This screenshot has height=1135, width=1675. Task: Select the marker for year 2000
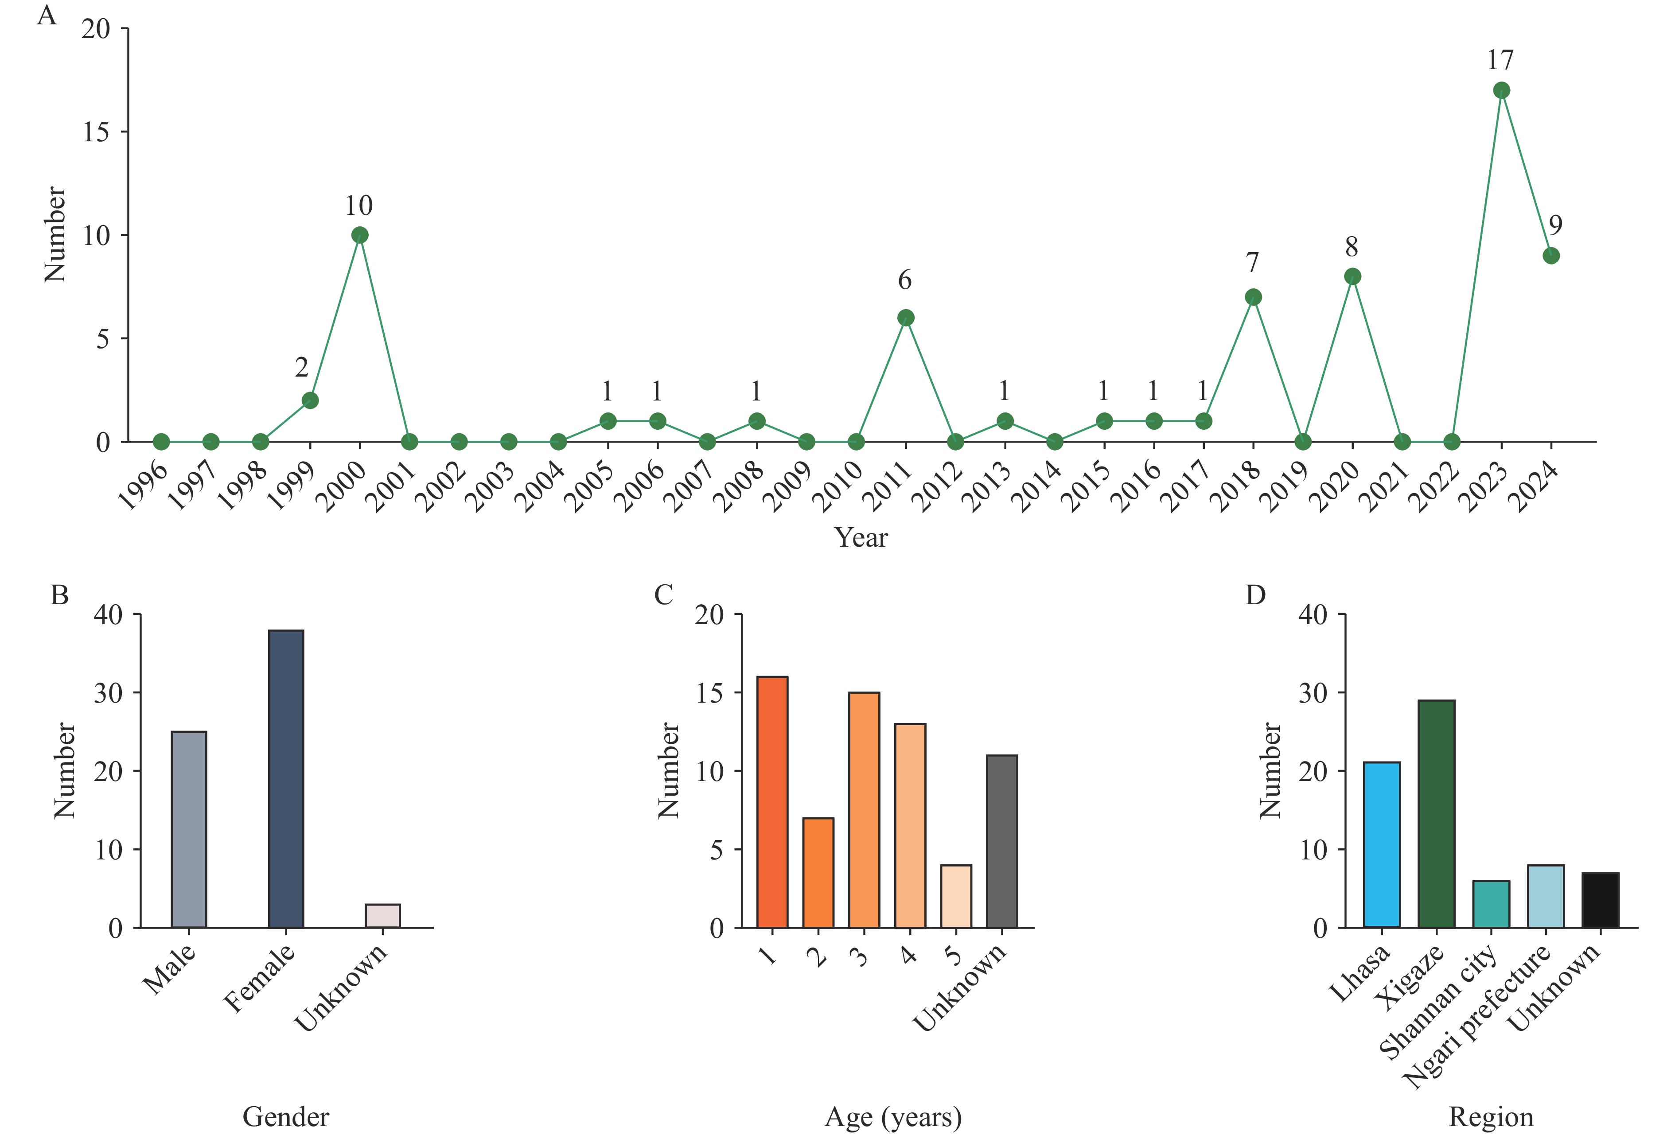coord(360,235)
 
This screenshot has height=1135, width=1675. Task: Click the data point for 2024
coord(1551,256)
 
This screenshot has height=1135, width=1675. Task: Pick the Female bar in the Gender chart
coord(286,778)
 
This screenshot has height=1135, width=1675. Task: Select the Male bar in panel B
coord(189,829)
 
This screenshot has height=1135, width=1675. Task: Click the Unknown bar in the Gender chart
coord(383,915)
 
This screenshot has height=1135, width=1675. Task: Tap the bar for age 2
coord(818,872)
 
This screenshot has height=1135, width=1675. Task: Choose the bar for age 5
coord(956,896)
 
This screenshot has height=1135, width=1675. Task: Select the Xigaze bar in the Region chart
coord(1437,813)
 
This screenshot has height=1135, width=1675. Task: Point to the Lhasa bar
coord(1382,844)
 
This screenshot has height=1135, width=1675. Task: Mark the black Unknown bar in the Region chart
coord(1600,900)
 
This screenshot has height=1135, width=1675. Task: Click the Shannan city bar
coord(1491,904)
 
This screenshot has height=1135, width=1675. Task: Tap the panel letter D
coord(1255,595)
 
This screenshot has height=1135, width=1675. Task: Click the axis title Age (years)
coord(893,1116)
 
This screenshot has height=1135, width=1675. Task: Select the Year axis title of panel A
coord(861,537)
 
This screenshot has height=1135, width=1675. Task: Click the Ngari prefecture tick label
coord(1477,1016)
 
